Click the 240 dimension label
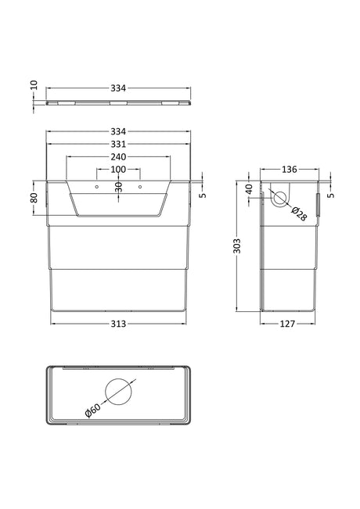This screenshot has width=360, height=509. click(x=118, y=157)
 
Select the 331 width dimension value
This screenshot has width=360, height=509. click(x=118, y=144)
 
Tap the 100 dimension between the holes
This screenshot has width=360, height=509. click(x=118, y=170)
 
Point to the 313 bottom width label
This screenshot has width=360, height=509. click(x=118, y=324)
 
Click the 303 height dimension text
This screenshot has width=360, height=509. click(x=237, y=246)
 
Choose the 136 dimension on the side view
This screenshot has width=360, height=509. click(x=289, y=170)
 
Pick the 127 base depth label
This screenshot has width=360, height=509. click(x=287, y=324)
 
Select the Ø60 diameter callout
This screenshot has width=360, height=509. click(x=92, y=410)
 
